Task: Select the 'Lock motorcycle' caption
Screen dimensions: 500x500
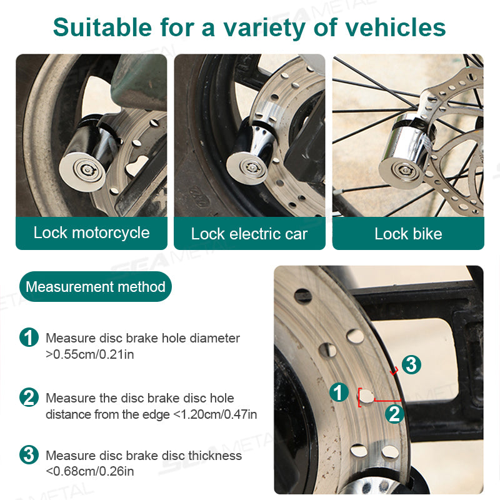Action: click(91, 233)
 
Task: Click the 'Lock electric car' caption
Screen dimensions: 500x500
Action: click(249, 234)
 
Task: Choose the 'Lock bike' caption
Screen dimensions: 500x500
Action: click(408, 234)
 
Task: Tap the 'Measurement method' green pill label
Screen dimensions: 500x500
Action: click(96, 287)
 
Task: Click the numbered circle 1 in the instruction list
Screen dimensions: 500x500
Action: click(29, 338)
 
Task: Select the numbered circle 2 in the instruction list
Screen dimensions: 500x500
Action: click(29, 398)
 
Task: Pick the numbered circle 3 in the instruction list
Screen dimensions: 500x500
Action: click(29, 455)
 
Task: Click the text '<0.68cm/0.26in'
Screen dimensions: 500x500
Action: click(89, 472)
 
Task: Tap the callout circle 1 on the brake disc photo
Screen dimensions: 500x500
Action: click(338, 392)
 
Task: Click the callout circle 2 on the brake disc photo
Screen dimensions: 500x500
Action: click(394, 413)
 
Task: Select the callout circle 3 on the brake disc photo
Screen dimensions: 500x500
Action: click(411, 364)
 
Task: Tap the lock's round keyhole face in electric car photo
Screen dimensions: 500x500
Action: click(247, 166)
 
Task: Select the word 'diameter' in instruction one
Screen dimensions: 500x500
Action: click(216, 338)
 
